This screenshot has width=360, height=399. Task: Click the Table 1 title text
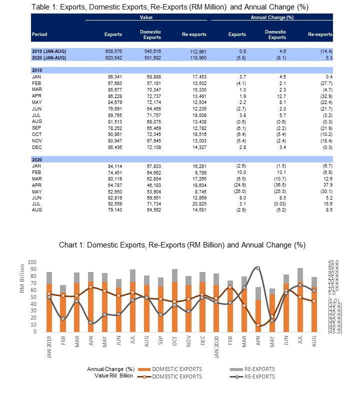(169, 7)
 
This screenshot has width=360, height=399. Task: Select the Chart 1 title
(182, 245)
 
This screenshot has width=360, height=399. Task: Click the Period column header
(39, 34)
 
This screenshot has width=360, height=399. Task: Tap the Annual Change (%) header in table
(271, 17)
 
